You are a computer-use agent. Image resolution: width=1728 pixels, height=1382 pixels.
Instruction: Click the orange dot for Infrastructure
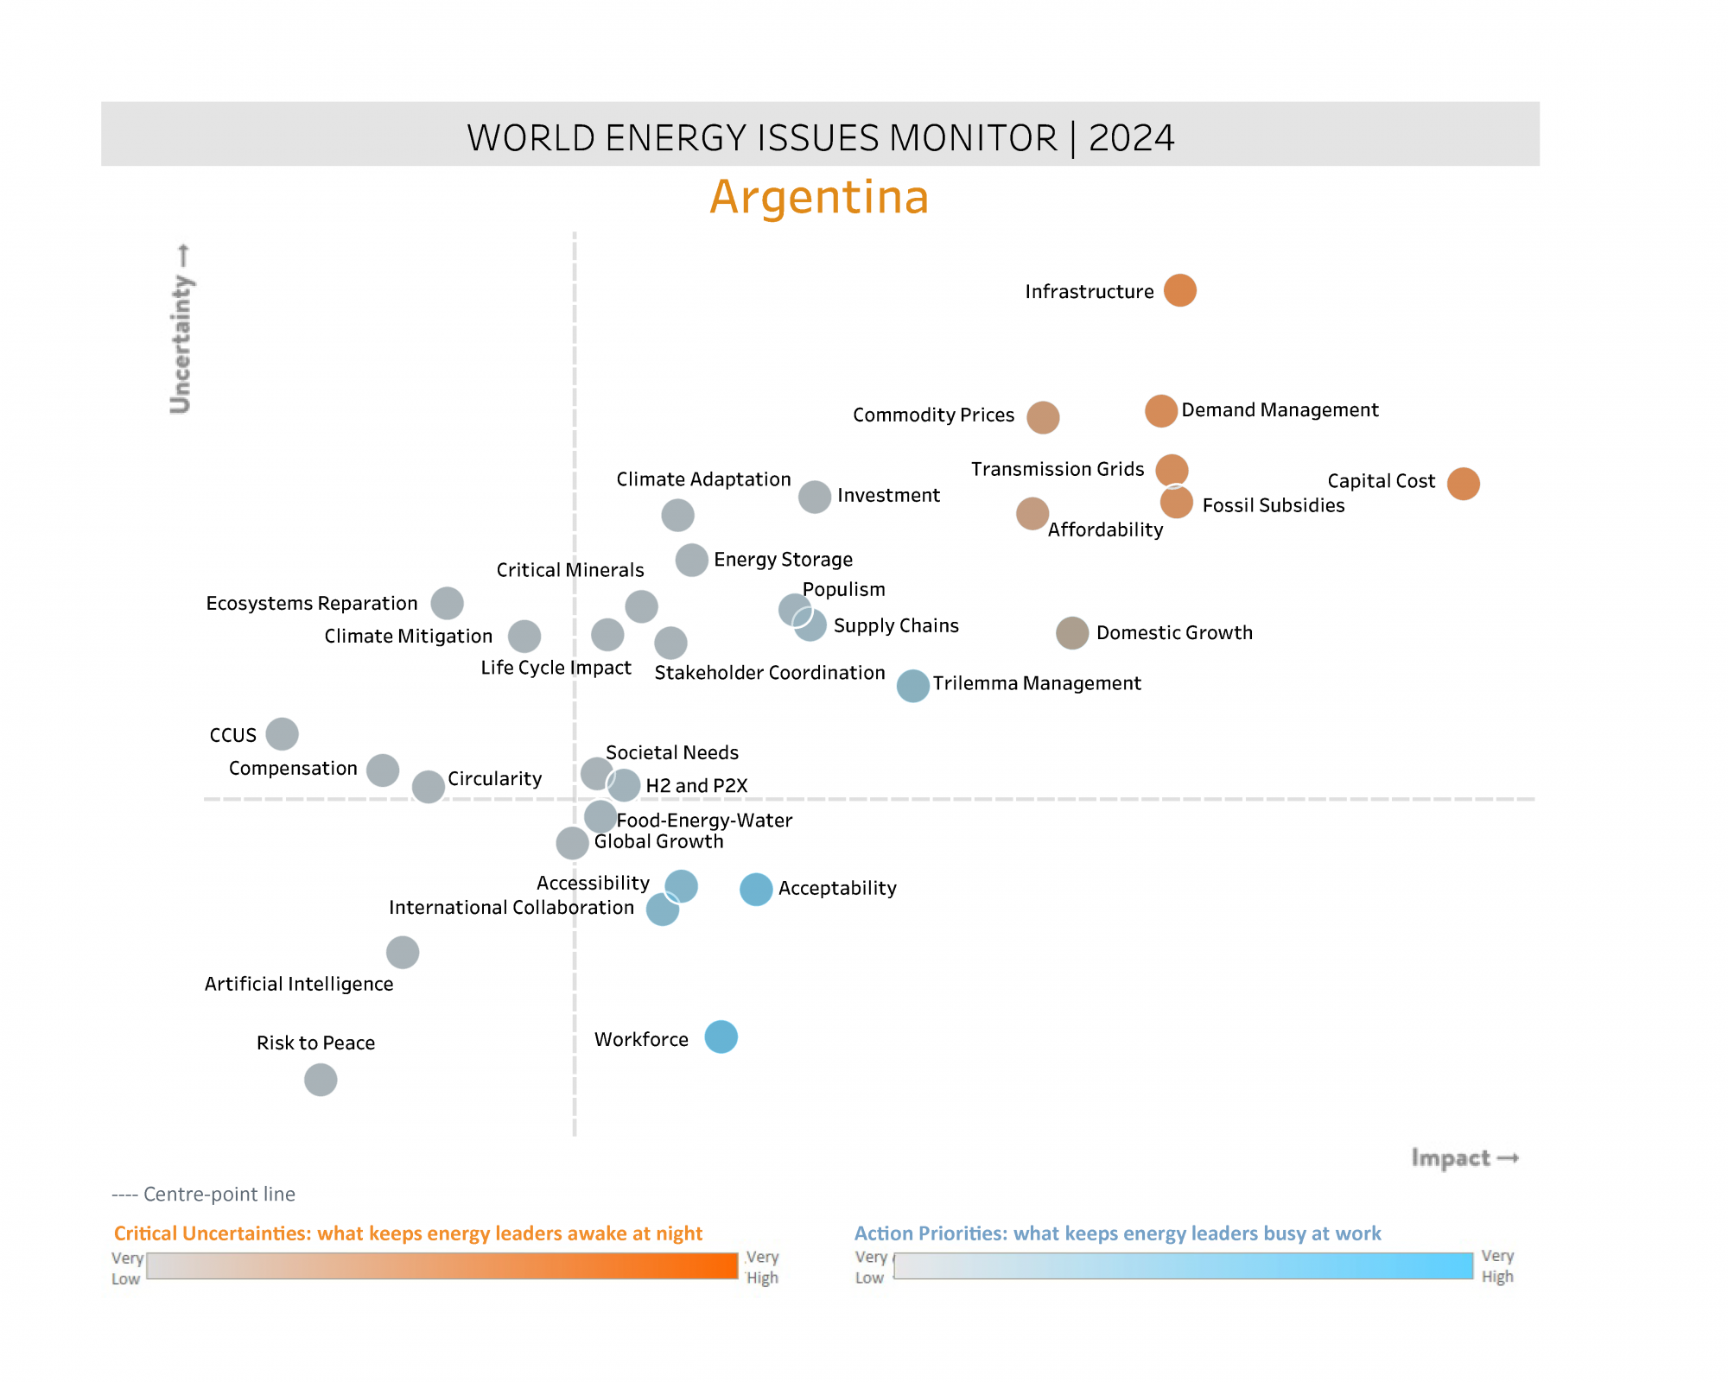coord(1179,290)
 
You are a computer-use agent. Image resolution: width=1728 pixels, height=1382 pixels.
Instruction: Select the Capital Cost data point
coord(1463,484)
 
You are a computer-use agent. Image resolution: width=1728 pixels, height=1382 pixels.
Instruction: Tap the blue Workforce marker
coord(721,1036)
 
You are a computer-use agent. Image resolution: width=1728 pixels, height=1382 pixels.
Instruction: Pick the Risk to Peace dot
coord(321,1080)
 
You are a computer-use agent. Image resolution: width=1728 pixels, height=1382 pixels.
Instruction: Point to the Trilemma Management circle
coord(912,686)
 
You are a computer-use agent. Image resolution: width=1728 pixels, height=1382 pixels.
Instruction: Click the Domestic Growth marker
coord(1072,633)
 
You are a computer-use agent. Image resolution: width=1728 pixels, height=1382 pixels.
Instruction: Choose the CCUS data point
coord(282,734)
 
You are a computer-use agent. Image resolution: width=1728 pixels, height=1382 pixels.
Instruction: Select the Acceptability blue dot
coord(756,889)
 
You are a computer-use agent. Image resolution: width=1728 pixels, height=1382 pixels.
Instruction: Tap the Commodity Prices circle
coord(1043,417)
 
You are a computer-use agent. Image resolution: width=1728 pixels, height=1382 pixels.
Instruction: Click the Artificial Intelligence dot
coord(403,953)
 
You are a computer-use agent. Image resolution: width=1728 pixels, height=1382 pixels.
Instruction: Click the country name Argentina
coord(819,197)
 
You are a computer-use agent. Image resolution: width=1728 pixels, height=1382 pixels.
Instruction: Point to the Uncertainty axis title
coord(181,328)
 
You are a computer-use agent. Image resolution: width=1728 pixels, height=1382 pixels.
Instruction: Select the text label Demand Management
coord(1280,410)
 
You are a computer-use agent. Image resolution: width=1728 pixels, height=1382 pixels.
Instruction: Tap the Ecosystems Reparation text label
coord(311,603)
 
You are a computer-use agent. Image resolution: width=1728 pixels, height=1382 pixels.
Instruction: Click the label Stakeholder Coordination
coord(769,673)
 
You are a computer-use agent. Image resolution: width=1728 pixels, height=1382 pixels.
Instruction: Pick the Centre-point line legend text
coord(204,1194)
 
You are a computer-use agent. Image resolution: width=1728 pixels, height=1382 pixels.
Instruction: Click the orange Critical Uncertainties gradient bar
coord(442,1265)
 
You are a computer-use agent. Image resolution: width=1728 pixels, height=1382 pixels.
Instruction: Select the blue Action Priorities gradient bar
coord(1183,1265)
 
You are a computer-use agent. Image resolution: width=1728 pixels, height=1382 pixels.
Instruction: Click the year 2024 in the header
coord(1131,138)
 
